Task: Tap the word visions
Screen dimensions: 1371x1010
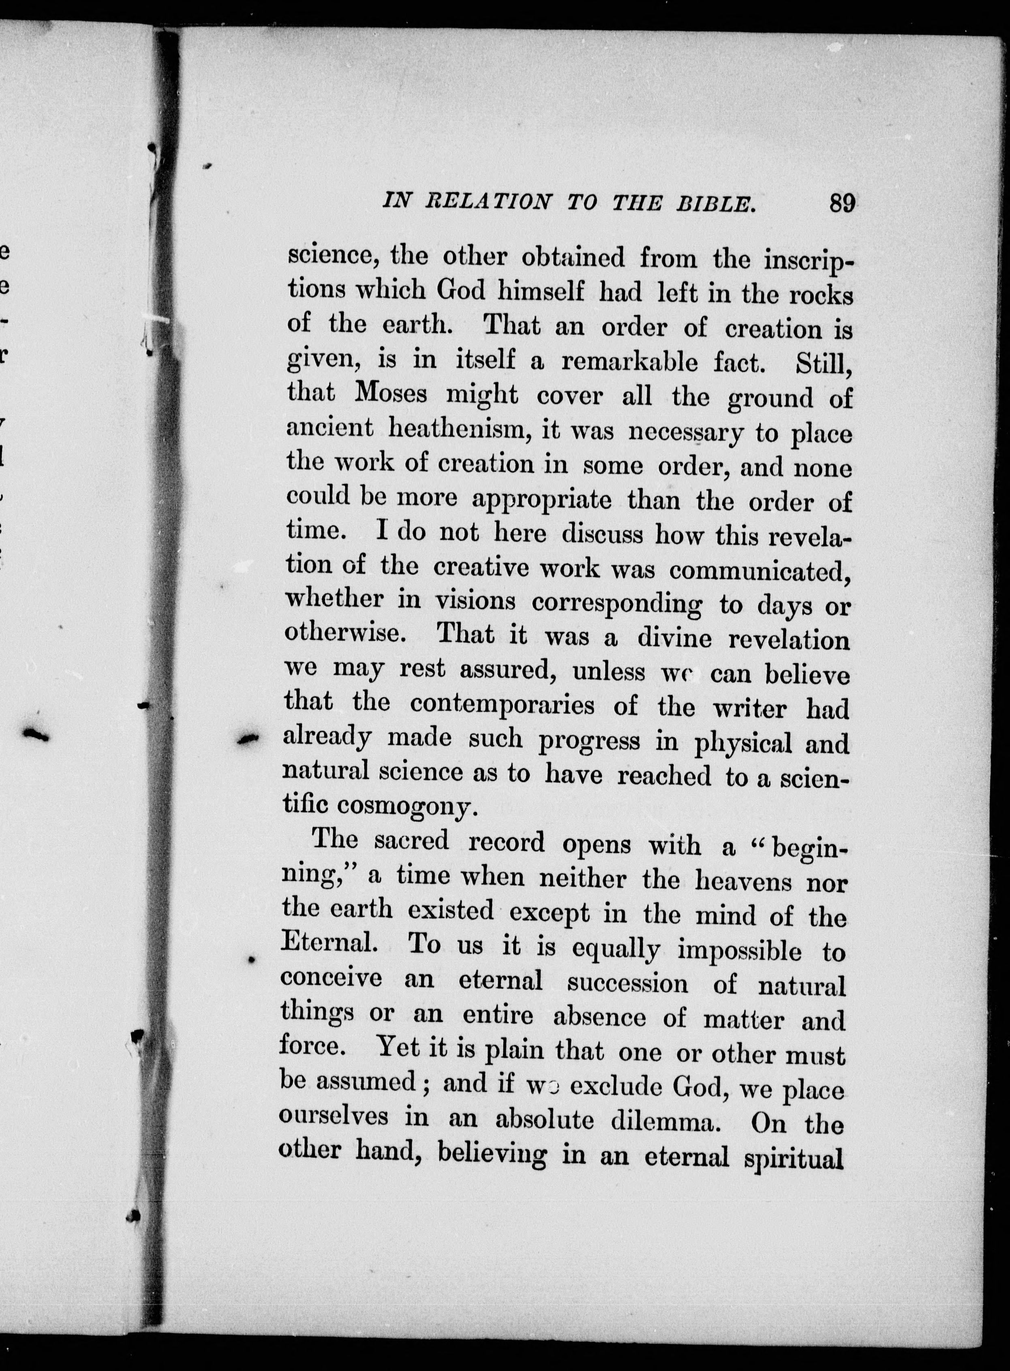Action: click(x=475, y=602)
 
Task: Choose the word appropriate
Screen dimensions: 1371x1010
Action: click(x=542, y=500)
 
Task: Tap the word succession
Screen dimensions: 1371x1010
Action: click(x=627, y=984)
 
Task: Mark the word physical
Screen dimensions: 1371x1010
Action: click(x=743, y=742)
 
